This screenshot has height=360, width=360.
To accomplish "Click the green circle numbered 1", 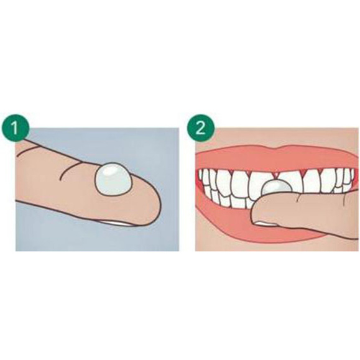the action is coord(15,128).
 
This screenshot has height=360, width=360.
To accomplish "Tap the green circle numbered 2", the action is coord(201,128).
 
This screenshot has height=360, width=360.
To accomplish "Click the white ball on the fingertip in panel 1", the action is coord(113,179).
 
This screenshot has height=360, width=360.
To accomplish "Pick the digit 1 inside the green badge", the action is coord(14,128).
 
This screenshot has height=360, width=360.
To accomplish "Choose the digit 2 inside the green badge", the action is coord(201,128).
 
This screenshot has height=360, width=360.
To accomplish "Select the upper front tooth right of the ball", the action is coord(297,182).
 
